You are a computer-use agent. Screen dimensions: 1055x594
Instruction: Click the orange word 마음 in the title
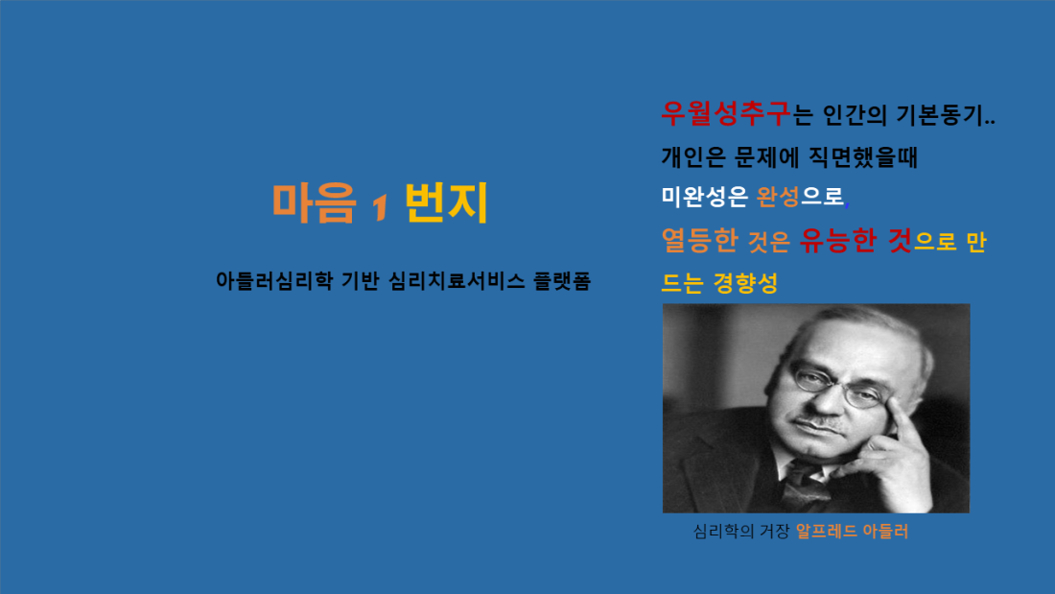314,202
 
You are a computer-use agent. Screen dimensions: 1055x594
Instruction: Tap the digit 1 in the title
381,206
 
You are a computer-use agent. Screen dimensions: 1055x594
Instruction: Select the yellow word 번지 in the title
446,202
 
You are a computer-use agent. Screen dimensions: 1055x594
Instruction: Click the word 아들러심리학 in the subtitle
274,281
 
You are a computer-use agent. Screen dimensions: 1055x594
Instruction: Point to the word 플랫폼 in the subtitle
562,281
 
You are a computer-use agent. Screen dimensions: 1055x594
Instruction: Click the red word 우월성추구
725,114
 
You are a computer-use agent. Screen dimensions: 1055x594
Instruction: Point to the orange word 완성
778,197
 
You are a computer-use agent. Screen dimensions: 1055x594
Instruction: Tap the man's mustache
818,424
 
